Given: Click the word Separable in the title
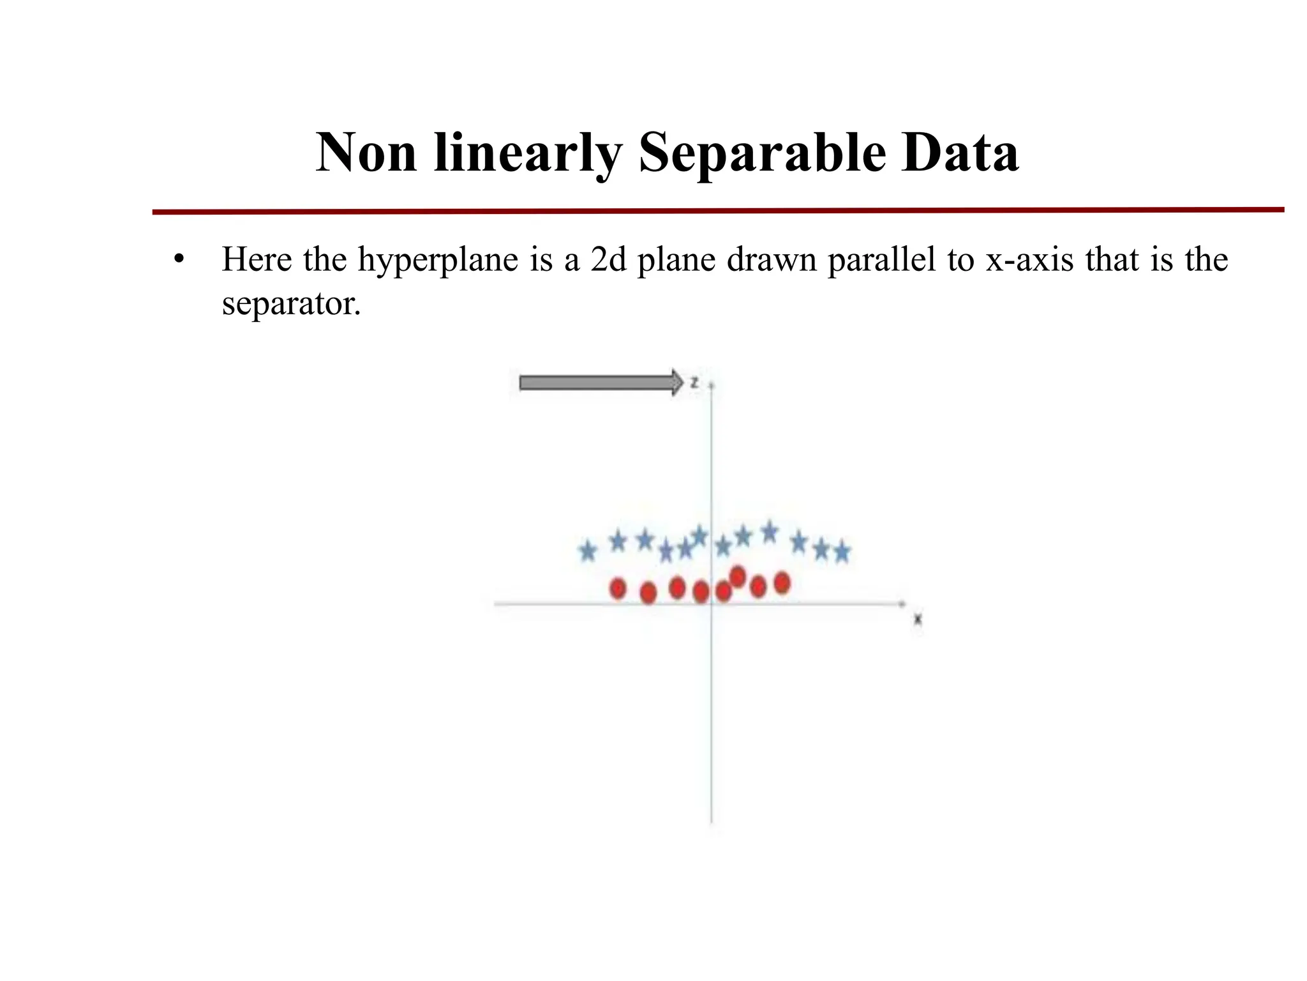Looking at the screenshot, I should (x=762, y=153).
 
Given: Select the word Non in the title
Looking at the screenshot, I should (x=366, y=153).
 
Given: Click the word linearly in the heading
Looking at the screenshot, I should (x=527, y=154).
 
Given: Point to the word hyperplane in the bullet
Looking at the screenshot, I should (x=438, y=260).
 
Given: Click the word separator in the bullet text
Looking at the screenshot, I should (x=291, y=303).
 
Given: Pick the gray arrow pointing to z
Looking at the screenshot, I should (x=601, y=383).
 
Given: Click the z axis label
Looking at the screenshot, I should (x=694, y=383).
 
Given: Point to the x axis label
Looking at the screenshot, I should (x=918, y=619).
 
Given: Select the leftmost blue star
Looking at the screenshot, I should (x=588, y=551).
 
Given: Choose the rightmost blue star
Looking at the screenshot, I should (x=842, y=552).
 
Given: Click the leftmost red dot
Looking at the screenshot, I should (x=618, y=588).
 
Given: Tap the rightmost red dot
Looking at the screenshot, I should (x=782, y=582).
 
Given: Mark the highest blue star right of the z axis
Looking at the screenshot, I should (x=770, y=531).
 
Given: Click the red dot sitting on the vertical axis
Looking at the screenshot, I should (x=701, y=591).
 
